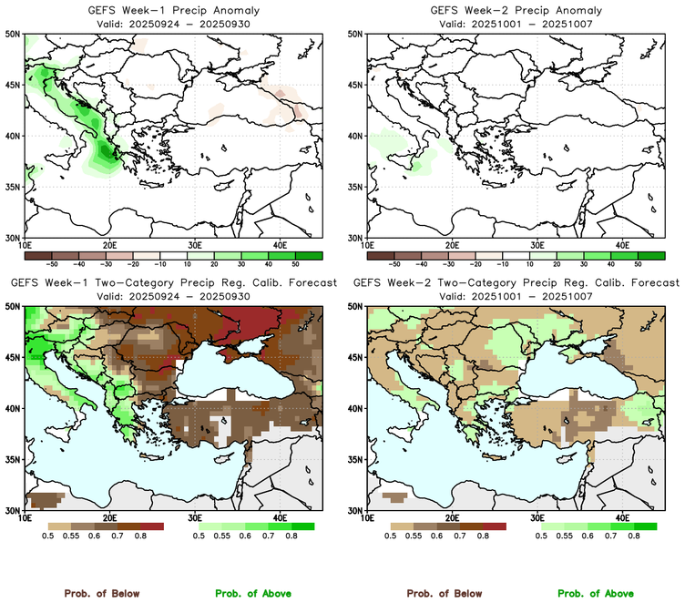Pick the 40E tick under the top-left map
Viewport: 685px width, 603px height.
(280, 245)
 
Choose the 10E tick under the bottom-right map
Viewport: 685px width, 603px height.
(368, 518)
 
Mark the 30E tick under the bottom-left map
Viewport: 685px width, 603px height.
(195, 518)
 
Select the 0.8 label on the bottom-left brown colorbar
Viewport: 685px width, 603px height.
(140, 537)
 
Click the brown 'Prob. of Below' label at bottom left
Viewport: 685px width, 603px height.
(101, 593)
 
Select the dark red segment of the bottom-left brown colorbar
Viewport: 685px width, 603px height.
(152, 526)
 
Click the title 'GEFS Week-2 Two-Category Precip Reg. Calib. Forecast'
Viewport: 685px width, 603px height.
(516, 283)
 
